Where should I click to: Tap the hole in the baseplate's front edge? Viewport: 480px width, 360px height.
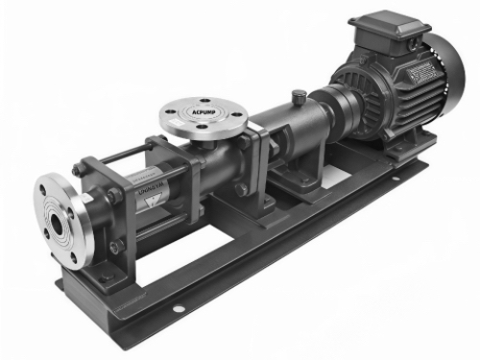177,309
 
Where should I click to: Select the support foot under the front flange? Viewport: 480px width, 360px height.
91,274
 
